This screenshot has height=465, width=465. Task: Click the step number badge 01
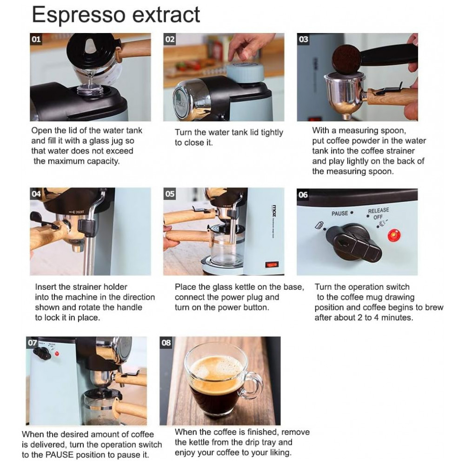click(36, 39)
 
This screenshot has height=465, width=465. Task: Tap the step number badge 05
click(170, 194)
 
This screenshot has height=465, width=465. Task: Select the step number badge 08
click(166, 343)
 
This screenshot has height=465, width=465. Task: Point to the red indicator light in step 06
click(394, 236)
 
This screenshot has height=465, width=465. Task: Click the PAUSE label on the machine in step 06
click(340, 213)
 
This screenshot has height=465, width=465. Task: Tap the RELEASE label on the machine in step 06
click(379, 211)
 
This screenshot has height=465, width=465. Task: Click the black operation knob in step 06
click(353, 243)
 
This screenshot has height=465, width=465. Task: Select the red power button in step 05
click(272, 264)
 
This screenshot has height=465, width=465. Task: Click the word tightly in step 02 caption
click(272, 133)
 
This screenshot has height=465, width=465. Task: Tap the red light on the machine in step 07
click(57, 353)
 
